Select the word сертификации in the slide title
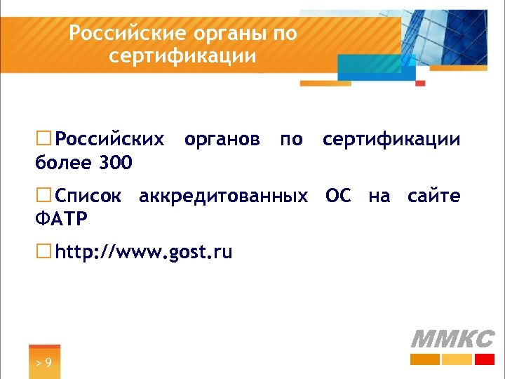coord(183,55)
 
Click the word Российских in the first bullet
coord(111,139)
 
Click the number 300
coord(116,164)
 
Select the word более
coord(62,164)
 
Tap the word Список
coord(88,196)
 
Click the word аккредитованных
coord(223,196)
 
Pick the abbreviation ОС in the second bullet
coord(338,196)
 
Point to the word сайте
coord(434,196)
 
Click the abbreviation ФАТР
coord(61,220)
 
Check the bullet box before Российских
coord(44,139)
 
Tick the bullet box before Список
coord(44,195)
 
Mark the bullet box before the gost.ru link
coord(44,251)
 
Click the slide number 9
coord(47,363)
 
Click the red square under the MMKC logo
coord(485,359)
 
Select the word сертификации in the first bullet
coord(391,139)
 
